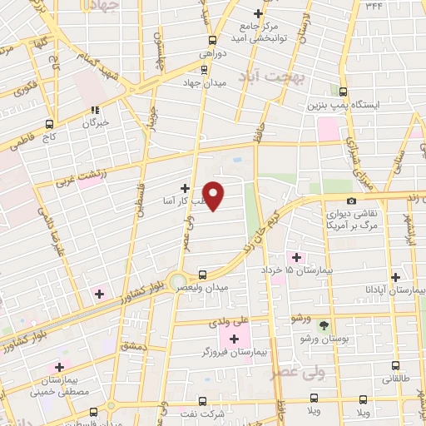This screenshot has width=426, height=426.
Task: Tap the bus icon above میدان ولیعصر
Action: tap(203, 274)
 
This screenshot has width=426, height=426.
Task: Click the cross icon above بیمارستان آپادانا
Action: tap(395, 277)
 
